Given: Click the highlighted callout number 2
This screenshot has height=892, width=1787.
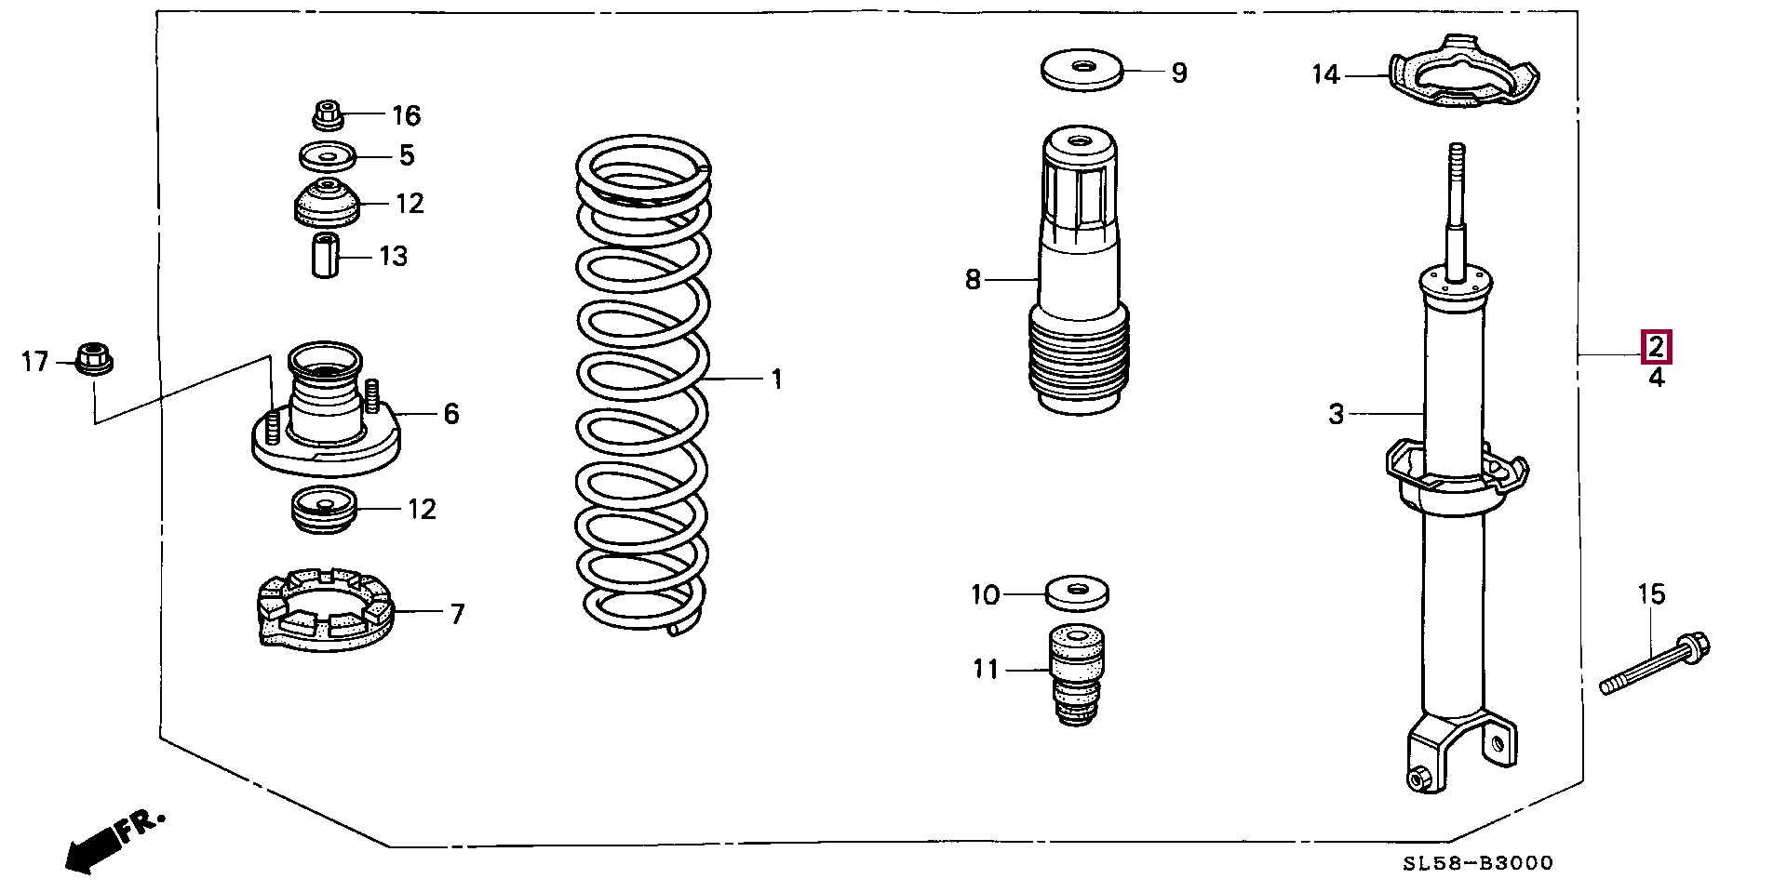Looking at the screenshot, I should [x=1657, y=347].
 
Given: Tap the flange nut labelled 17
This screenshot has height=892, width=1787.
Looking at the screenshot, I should [x=92, y=358].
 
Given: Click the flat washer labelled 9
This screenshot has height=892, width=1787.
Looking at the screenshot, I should [x=1082, y=71].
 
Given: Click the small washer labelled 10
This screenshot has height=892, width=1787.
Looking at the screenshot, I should [x=1078, y=592].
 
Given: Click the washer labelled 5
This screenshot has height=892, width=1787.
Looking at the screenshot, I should [x=328, y=156].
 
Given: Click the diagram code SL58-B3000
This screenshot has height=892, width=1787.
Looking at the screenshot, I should [x=1478, y=864].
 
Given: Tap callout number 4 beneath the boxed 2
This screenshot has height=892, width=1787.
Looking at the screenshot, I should [x=1657, y=378].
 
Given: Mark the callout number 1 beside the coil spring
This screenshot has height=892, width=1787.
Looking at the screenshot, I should [x=776, y=379].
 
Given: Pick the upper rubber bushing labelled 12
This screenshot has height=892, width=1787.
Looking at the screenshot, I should [x=327, y=204].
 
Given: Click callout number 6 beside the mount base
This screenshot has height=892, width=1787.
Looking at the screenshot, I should [x=451, y=413].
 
